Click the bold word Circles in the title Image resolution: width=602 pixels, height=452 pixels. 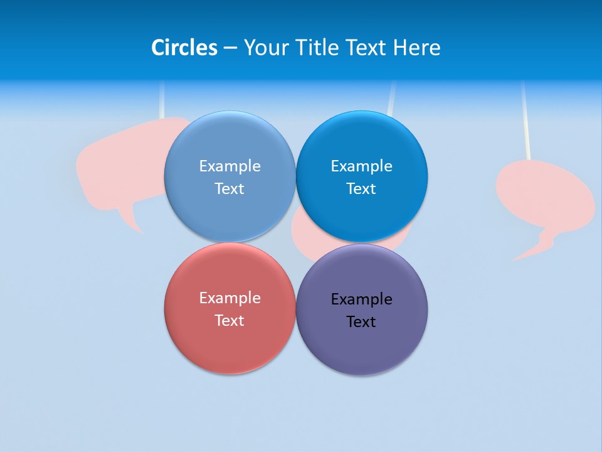point(184,48)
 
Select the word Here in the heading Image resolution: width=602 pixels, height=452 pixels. point(416,48)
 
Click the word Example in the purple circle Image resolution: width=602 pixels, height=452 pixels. point(361,299)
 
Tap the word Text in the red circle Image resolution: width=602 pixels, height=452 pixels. point(230,320)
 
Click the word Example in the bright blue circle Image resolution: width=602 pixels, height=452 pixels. point(361,166)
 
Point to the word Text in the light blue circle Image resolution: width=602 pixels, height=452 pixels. point(230,188)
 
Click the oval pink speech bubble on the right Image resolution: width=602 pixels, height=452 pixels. point(544,195)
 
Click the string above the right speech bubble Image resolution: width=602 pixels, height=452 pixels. point(525,119)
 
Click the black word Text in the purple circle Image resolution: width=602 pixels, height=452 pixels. point(361,321)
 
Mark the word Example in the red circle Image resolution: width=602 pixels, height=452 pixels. point(230,298)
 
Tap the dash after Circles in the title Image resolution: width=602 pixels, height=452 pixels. point(230,48)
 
